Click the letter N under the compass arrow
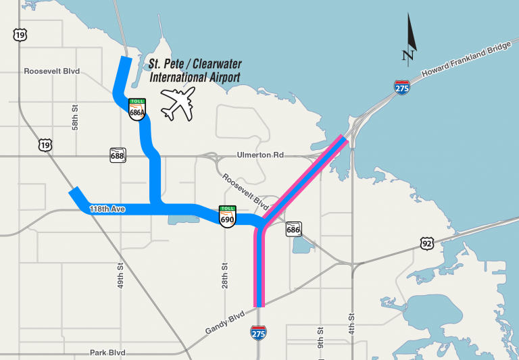tap(407, 55)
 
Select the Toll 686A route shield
tap(137, 109)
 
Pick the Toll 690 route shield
tap(227, 216)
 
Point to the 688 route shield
tap(118, 156)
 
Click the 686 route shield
tap(293, 230)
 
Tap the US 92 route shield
tap(426, 243)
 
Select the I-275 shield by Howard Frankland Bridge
tap(402, 88)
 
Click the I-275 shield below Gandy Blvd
tap(258, 332)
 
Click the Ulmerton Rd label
tap(260, 155)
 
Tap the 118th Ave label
tap(109, 209)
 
